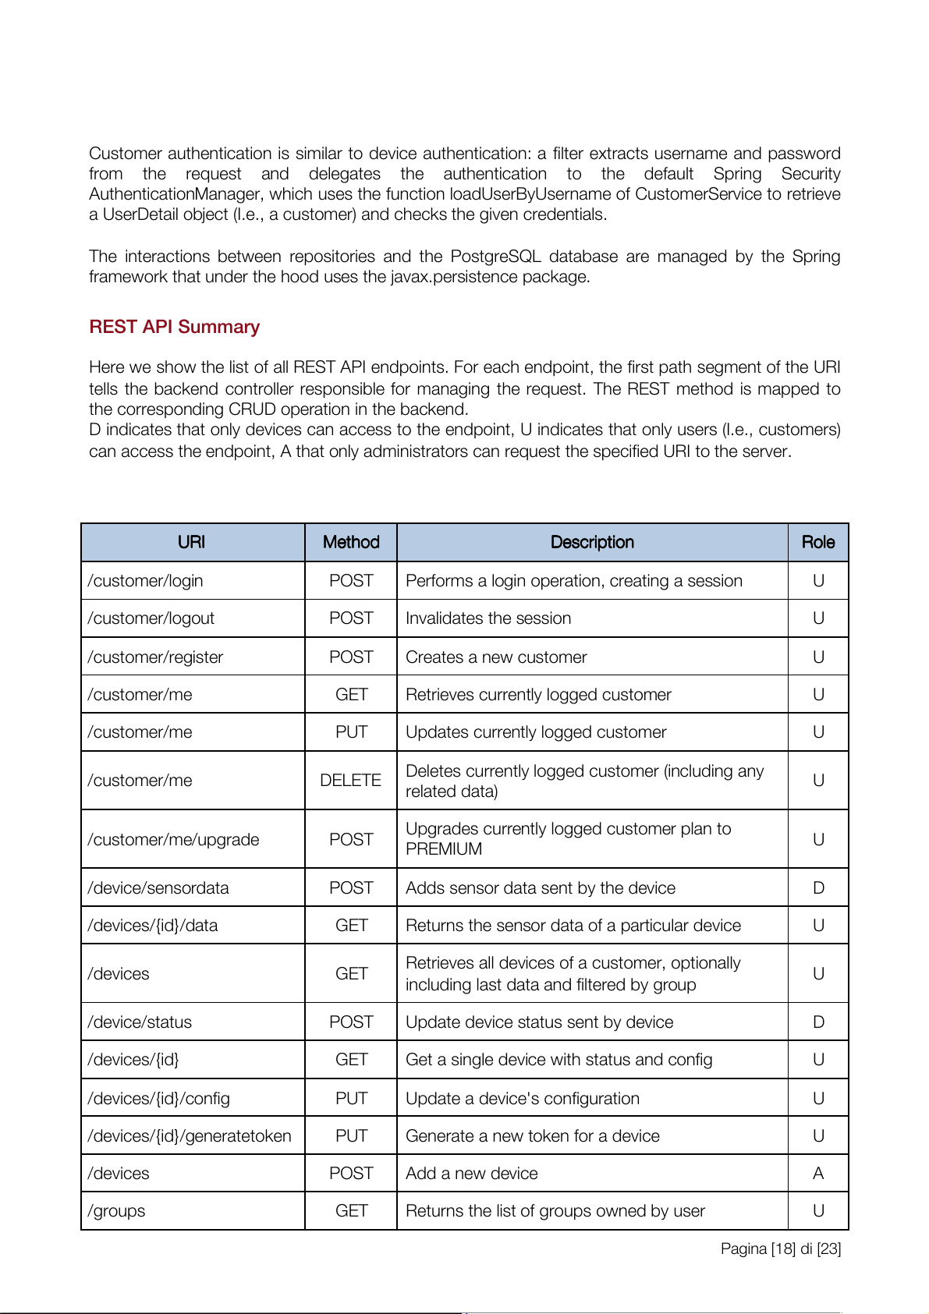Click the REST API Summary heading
[174, 327]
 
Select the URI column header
[191, 542]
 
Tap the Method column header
[351, 542]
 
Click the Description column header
[592, 542]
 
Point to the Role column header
[818, 542]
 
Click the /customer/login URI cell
[146, 581]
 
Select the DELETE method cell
[351, 781]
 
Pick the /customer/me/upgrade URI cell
[173, 840]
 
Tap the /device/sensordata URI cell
[158, 888]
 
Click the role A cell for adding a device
[818, 1174]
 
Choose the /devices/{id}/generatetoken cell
[190, 1136]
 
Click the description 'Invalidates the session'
[488, 618]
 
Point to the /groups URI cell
[117, 1211]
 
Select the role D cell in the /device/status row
[818, 1022]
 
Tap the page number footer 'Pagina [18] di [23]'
[781, 1248]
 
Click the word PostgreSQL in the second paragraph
[495, 257]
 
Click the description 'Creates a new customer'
[496, 657]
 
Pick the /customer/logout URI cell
[151, 618]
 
